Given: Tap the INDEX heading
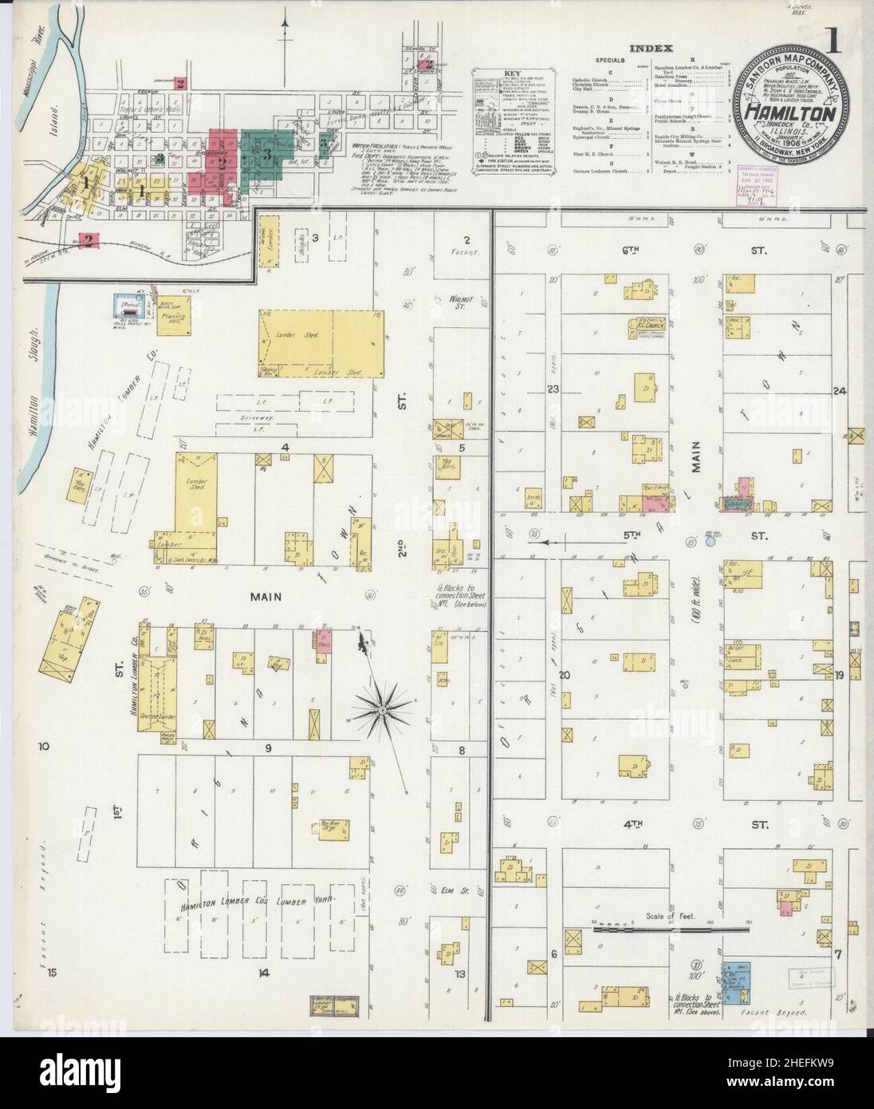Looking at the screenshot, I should pos(650,49).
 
